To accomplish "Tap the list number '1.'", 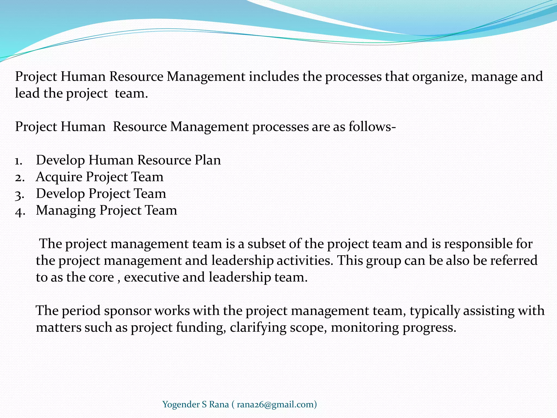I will point(19,161).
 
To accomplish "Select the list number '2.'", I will point(20,177).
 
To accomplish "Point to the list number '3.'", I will point(20,194).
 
